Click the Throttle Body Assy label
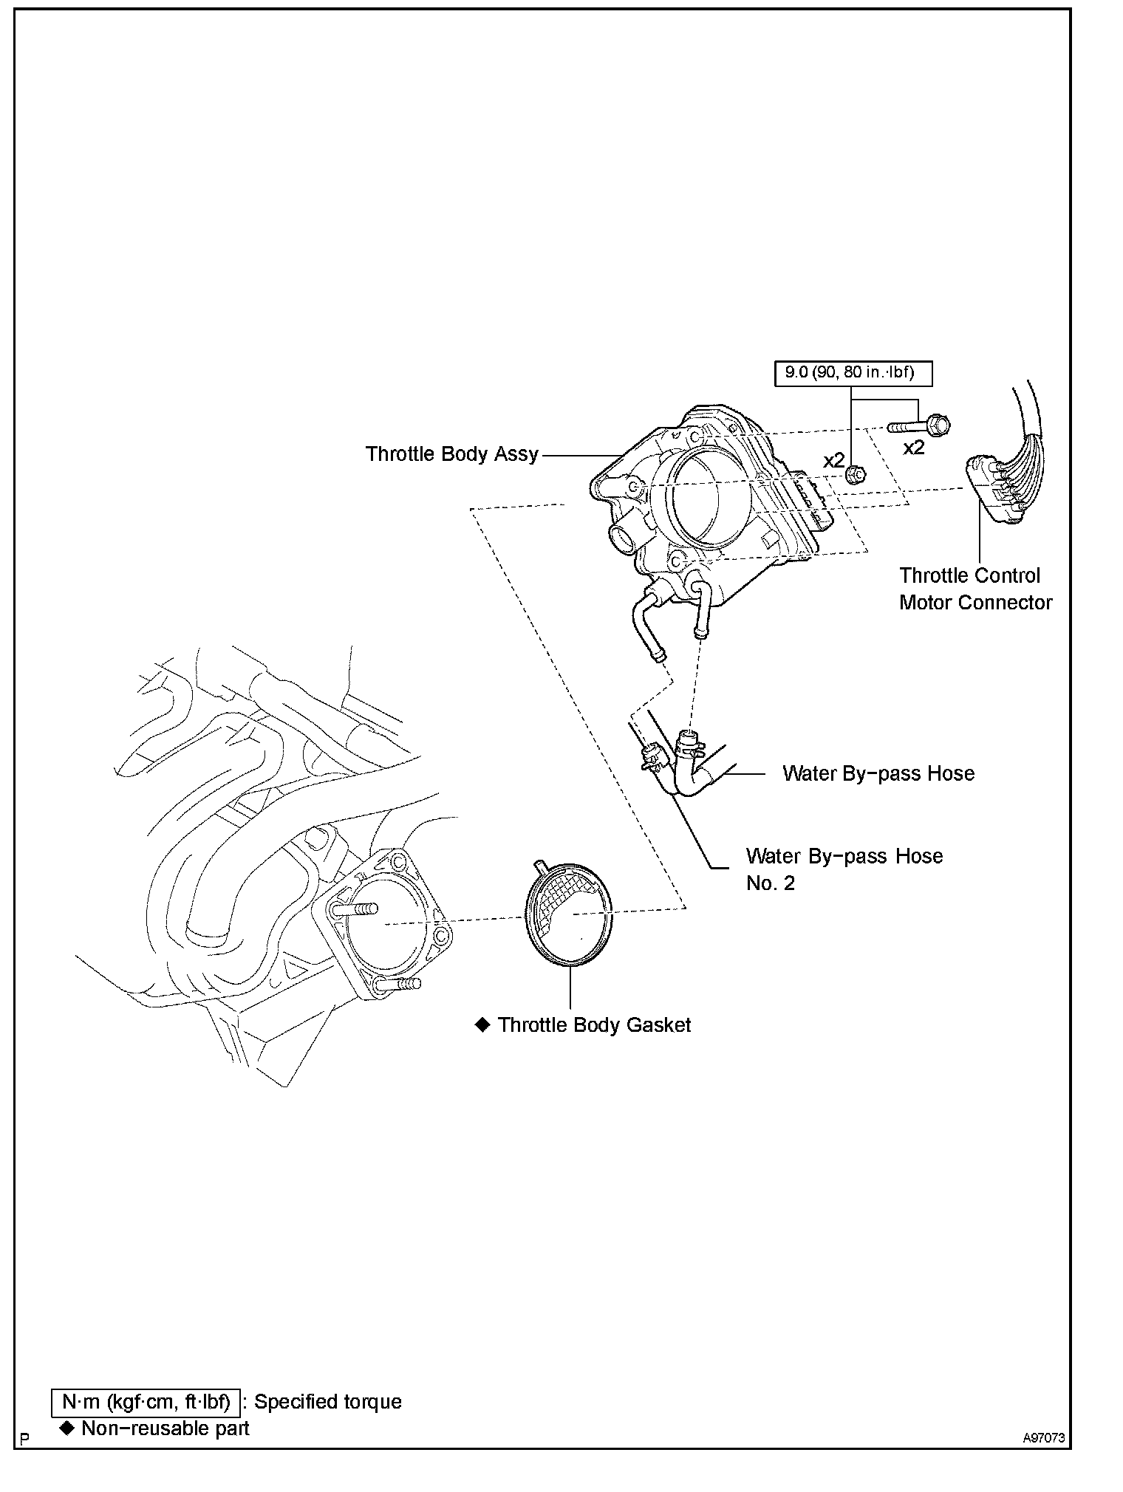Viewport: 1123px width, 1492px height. click(452, 454)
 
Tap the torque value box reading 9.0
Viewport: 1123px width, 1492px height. click(853, 373)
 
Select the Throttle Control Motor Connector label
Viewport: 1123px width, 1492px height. click(974, 589)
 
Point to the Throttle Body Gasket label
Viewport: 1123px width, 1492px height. click(594, 1025)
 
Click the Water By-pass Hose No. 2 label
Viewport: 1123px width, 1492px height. click(844, 869)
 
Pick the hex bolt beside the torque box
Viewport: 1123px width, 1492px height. click(921, 425)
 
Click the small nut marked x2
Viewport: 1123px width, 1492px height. click(856, 474)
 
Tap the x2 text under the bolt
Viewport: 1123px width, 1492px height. click(914, 448)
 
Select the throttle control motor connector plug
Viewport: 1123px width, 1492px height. click(993, 490)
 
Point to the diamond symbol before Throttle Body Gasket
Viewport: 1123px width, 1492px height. click(482, 1025)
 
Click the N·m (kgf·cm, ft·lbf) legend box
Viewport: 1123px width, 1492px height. click(146, 1402)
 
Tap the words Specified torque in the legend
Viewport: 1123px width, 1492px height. click(328, 1402)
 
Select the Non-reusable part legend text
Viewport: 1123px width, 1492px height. click(165, 1428)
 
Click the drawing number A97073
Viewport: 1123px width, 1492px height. click(1044, 1438)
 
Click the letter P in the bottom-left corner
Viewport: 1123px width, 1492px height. click(24, 1439)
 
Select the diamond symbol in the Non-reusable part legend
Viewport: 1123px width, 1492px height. click(67, 1428)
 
